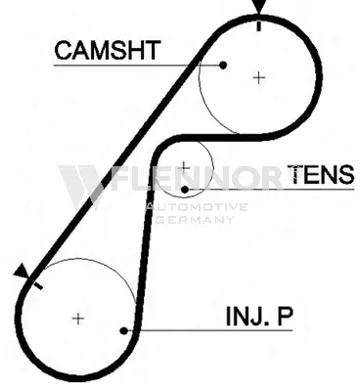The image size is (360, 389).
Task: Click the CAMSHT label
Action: (108, 50)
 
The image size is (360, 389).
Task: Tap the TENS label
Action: (321, 174)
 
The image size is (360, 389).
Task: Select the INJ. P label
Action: (259, 316)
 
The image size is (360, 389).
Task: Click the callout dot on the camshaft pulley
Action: (223, 65)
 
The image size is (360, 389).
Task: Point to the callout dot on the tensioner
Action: (185, 190)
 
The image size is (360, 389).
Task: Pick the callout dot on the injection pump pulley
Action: (123, 330)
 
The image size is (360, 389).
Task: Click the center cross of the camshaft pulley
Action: (259, 77)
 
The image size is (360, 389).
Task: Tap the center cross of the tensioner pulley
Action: (185, 167)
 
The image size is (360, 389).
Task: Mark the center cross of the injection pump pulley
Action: (78, 319)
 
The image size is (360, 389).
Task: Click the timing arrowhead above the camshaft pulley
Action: (259, 7)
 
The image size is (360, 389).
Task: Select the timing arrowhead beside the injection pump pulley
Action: (21, 272)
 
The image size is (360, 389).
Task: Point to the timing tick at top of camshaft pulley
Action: (259, 26)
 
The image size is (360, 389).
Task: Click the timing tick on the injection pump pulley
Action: (37, 285)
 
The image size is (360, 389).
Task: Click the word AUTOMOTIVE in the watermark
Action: (197, 207)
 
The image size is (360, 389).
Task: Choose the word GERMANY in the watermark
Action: (195, 219)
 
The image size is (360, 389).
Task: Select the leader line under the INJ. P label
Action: (208, 330)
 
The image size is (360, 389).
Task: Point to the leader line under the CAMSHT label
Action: (138, 65)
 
